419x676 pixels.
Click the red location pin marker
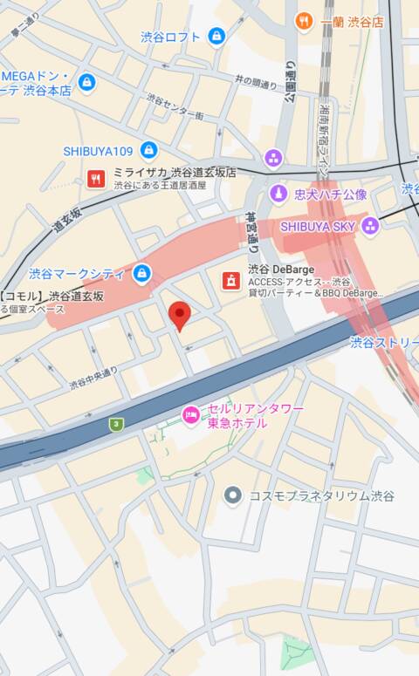click(x=180, y=316)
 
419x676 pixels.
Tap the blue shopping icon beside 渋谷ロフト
click(x=216, y=36)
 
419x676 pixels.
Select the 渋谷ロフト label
click(x=170, y=37)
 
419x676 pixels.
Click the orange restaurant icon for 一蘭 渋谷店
click(x=304, y=21)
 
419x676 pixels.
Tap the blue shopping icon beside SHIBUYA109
click(x=148, y=150)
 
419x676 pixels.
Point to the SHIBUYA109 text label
click(x=98, y=151)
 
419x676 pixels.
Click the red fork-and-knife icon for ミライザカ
click(x=97, y=180)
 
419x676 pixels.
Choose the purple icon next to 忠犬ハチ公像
click(x=278, y=194)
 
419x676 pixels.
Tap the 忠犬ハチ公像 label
click(x=330, y=194)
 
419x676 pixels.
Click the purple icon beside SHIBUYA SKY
click(x=370, y=226)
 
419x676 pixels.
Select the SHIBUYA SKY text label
click(x=319, y=226)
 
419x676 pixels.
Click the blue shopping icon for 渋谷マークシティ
click(x=141, y=275)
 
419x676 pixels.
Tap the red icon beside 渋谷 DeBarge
click(x=231, y=280)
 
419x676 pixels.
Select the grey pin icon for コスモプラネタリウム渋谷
click(x=232, y=495)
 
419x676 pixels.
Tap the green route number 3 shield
click(x=115, y=424)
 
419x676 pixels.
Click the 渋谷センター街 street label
click(x=175, y=107)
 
